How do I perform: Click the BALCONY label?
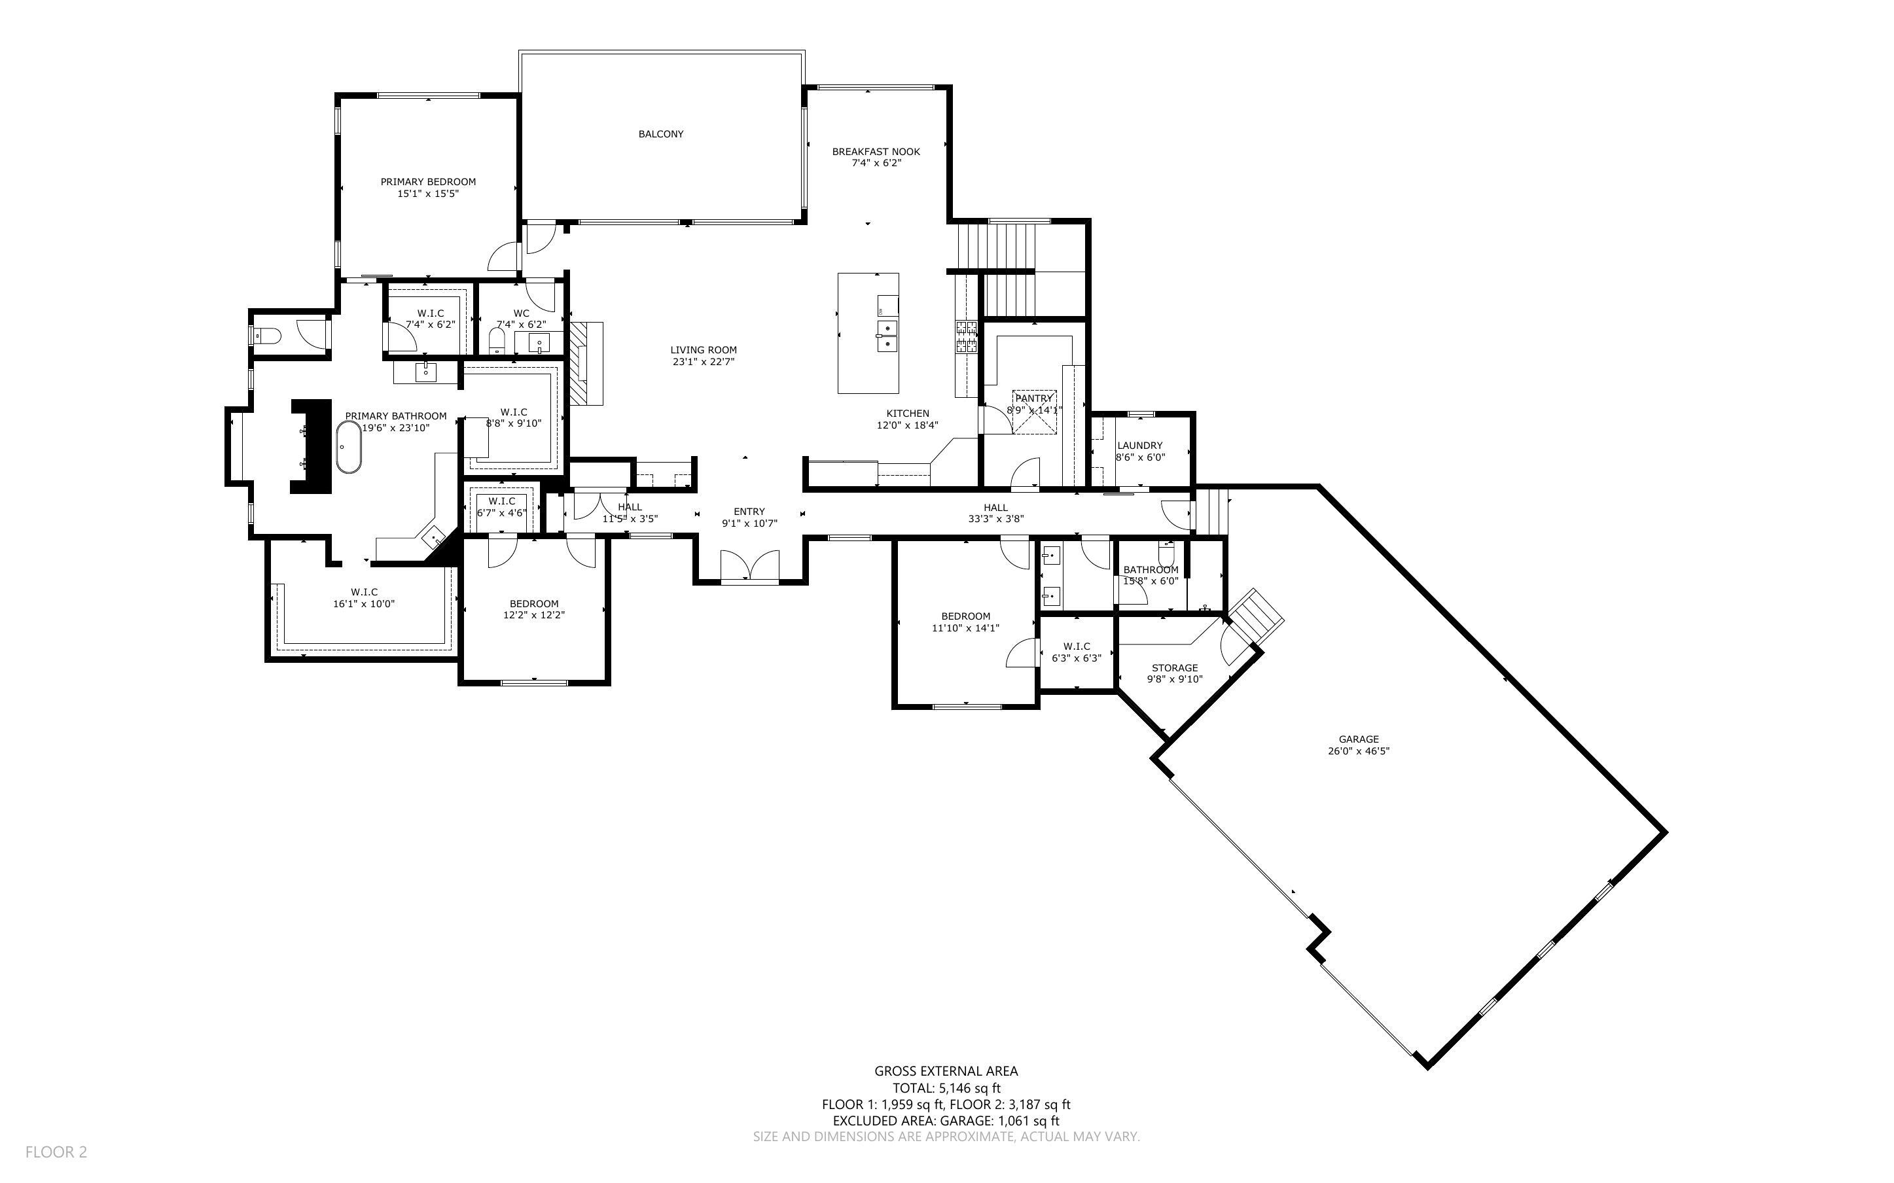point(660,133)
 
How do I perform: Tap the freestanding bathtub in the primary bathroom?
point(349,447)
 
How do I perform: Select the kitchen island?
point(868,333)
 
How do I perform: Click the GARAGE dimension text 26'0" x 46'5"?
point(1358,751)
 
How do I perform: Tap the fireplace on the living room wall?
point(586,363)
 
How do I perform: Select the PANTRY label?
point(1033,398)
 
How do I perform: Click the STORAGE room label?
point(1174,668)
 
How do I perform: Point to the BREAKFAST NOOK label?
point(876,152)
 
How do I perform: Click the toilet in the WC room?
point(497,340)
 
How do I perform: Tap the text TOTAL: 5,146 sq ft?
point(946,1087)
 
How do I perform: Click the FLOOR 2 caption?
point(56,1152)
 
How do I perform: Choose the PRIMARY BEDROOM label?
point(428,181)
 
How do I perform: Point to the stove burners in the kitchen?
point(966,336)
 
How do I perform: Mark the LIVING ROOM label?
point(704,350)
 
